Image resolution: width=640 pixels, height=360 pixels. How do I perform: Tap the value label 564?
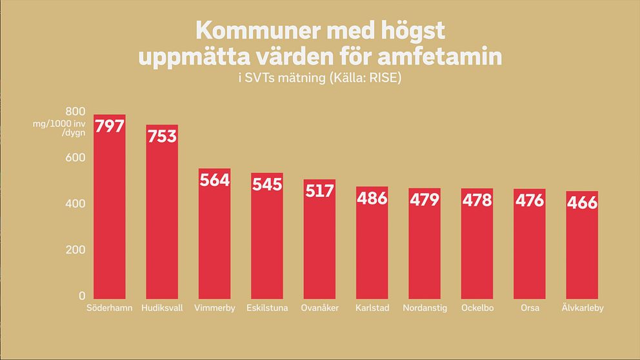(x=214, y=181)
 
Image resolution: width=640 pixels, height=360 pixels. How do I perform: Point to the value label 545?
(x=267, y=185)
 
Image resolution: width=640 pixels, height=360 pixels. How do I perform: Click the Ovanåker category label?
(x=319, y=308)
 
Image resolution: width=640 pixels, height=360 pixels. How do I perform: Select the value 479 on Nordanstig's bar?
(x=425, y=199)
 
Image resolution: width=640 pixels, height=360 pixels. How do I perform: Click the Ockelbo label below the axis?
(x=477, y=308)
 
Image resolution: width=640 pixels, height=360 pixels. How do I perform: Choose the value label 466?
(x=582, y=203)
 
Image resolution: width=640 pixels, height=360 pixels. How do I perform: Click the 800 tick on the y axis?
(x=76, y=111)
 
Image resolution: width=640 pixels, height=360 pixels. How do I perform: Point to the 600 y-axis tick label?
(x=76, y=157)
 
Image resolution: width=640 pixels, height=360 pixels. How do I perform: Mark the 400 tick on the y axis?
(x=76, y=204)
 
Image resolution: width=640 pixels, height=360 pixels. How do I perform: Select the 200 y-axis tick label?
(x=76, y=250)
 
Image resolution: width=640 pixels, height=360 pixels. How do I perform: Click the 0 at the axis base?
(x=82, y=296)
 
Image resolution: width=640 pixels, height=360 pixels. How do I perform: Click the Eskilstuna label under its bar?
(x=267, y=308)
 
